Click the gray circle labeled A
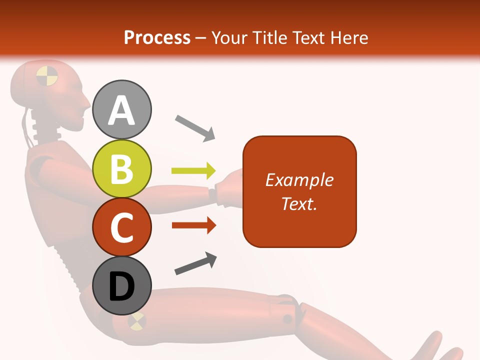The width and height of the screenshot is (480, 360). [x=122, y=109]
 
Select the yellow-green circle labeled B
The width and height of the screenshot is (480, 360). [x=122, y=168]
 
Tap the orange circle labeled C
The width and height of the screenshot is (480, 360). [x=122, y=227]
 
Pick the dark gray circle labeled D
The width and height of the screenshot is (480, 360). [x=122, y=286]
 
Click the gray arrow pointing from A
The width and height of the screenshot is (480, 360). [x=195, y=127]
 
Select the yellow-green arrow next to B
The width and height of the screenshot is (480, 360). [x=193, y=171]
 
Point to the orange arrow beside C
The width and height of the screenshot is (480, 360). [x=193, y=225]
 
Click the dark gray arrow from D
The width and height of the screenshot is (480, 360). [x=195, y=263]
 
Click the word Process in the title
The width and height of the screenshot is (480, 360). [x=157, y=37]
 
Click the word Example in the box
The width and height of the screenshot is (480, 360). [x=299, y=180]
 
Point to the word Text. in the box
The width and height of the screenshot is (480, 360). [x=299, y=203]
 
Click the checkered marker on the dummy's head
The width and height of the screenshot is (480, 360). [x=47, y=75]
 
